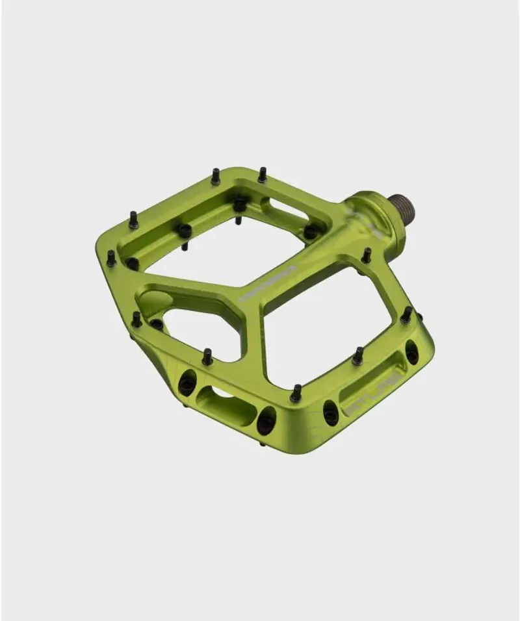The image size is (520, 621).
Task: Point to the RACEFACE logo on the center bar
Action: click(x=267, y=283)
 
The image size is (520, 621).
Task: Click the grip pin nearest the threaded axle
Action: click(x=366, y=255)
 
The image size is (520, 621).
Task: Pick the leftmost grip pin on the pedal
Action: click(x=111, y=259)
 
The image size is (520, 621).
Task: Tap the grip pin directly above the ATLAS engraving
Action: click(x=357, y=356)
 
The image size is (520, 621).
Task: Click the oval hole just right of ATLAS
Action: click(x=411, y=352)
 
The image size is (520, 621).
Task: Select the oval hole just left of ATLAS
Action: click(x=331, y=412)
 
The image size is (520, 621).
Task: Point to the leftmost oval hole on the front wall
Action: click(x=187, y=383)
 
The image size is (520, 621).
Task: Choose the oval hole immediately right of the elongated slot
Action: click(x=266, y=421)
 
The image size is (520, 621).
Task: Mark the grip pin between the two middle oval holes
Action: click(x=296, y=393)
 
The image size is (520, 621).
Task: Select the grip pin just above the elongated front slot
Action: click(x=207, y=357)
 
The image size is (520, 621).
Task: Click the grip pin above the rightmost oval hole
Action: click(x=406, y=315)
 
